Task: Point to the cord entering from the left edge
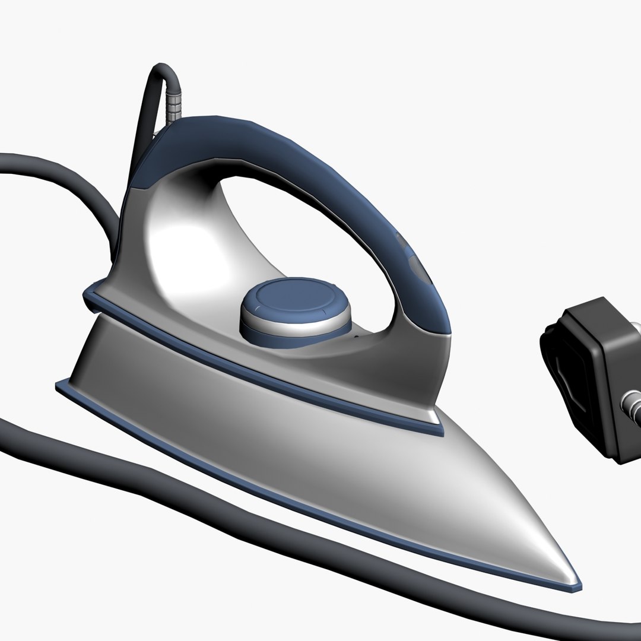24,163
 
